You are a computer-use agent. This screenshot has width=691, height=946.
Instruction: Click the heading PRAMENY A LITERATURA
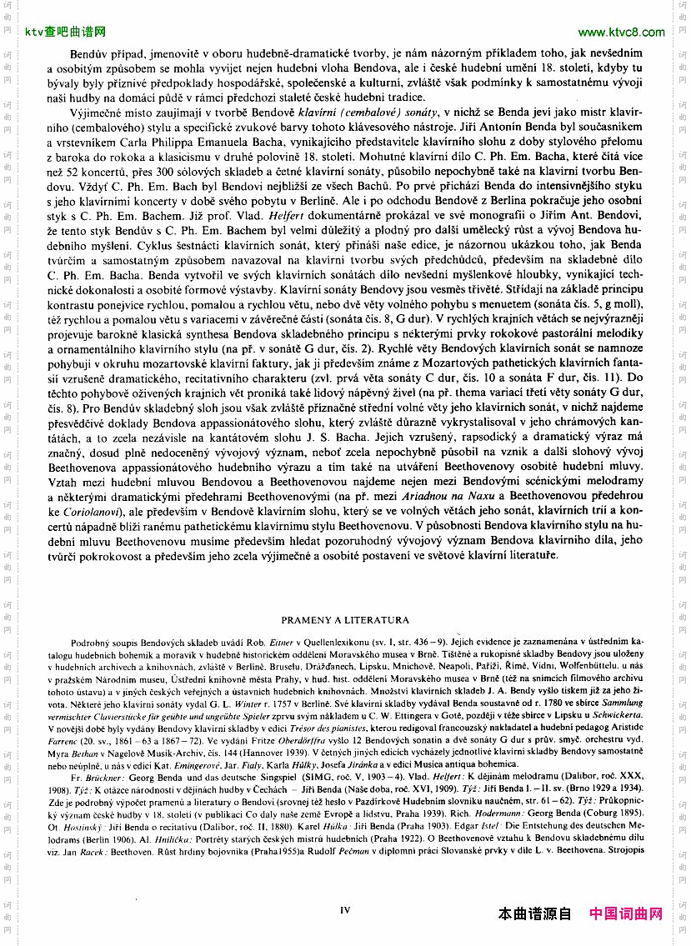coord(344,620)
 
